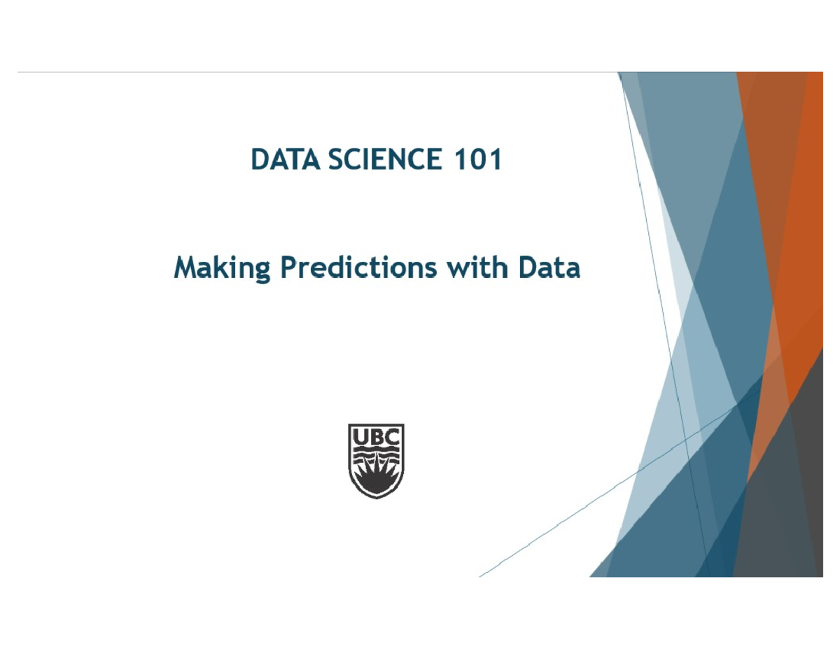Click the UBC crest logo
click(x=376, y=461)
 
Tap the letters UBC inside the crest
click(x=376, y=438)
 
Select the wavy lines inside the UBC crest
click(x=376, y=456)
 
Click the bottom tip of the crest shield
click(x=376, y=497)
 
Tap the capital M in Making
click(x=185, y=269)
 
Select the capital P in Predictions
click(x=288, y=269)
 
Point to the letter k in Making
click(x=219, y=269)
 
